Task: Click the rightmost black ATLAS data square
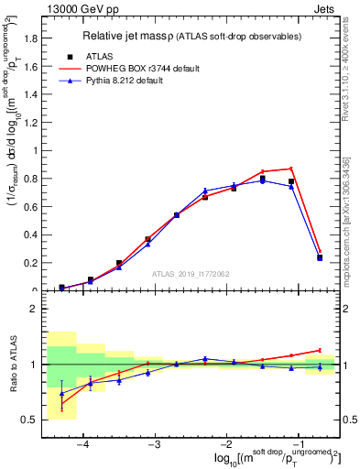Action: point(320,257)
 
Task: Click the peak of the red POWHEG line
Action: point(291,169)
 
